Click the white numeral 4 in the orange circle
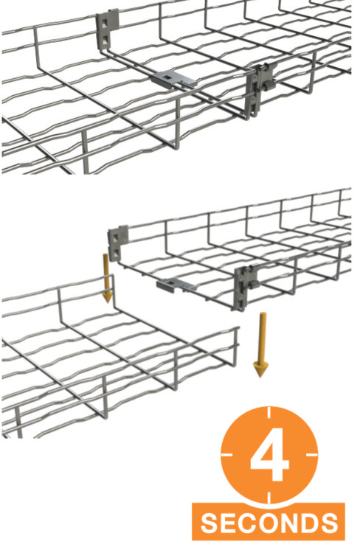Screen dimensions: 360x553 point(269,455)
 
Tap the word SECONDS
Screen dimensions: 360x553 point(269,523)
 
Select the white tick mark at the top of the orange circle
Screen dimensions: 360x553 point(269,413)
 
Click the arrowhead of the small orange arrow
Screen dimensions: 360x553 point(107,296)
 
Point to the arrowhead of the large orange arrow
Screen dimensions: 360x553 point(261,369)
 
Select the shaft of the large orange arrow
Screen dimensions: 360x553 point(262,338)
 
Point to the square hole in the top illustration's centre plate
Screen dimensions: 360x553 point(167,75)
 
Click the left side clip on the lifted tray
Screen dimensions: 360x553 point(117,243)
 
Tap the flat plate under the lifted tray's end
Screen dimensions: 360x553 point(175,284)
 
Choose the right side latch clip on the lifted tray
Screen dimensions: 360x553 point(246,286)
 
